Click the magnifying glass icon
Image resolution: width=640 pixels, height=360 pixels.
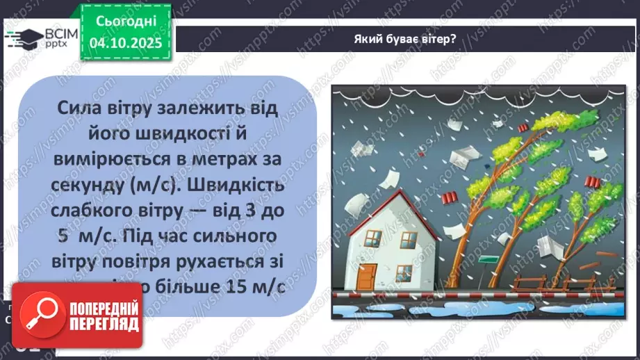tap(38, 316)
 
